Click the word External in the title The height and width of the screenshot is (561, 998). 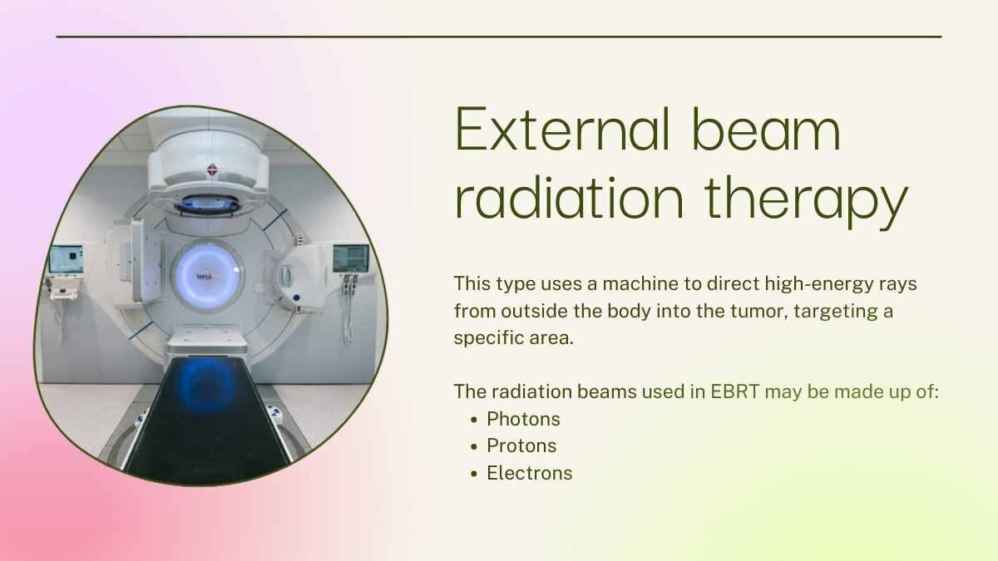click(562, 130)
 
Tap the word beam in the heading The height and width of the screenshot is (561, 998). click(766, 129)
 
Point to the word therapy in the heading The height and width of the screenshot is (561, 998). click(807, 202)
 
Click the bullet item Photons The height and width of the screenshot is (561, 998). click(523, 419)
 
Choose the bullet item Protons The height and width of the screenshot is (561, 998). click(521, 445)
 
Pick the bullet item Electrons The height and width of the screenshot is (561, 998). click(529, 473)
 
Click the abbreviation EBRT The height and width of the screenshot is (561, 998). click(734, 391)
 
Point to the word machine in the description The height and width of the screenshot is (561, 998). click(642, 283)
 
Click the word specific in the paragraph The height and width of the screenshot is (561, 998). click(488, 338)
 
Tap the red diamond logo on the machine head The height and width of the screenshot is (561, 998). click(212, 170)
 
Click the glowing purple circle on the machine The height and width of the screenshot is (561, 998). click(207, 276)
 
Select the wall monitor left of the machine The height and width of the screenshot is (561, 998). click(67, 259)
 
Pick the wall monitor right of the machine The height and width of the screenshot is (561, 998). click(351, 258)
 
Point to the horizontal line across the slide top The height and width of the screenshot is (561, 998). click(499, 37)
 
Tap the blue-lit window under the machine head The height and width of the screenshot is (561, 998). click(208, 204)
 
